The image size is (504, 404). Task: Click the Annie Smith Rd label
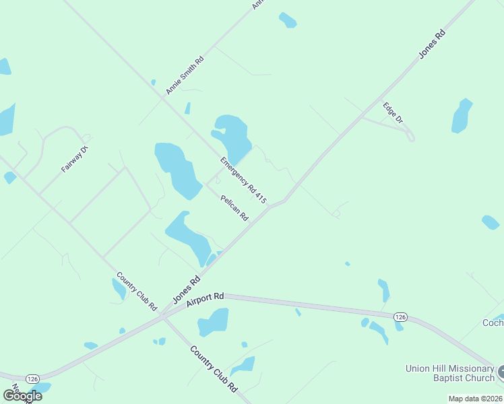coord(185,75)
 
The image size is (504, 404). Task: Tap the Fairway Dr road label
coord(75,159)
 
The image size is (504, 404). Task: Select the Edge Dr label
coord(392,112)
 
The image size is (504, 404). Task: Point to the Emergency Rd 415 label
coord(243,180)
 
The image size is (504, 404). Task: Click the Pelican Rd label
coord(234,208)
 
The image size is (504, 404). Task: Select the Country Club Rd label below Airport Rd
coord(214,370)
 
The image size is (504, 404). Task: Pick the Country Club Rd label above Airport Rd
coord(137,291)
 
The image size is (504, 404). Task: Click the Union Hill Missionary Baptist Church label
coord(449,373)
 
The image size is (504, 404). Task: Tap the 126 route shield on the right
coord(400,316)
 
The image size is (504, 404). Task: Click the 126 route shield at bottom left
coord(32,379)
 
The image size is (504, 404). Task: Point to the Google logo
coord(22,395)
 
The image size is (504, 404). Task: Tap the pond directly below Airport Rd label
coord(214,322)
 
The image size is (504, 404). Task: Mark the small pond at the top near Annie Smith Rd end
coord(288,20)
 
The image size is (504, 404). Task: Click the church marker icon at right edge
coord(501,371)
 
